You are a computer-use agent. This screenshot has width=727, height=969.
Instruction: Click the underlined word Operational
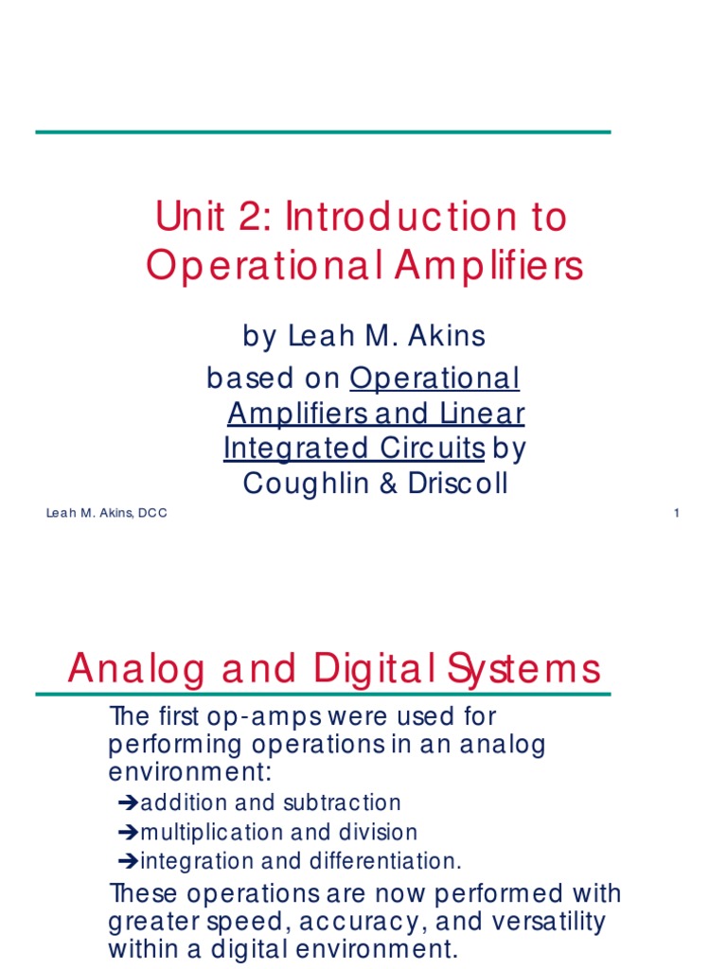[434, 379]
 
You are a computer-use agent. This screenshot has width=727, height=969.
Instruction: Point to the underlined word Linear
[482, 414]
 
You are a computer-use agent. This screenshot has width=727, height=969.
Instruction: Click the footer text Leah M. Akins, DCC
[106, 514]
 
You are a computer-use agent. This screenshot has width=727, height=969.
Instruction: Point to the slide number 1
[677, 514]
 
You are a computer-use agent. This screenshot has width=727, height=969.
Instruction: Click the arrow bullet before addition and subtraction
[129, 803]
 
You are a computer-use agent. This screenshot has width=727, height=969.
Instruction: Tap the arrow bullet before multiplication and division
[129, 833]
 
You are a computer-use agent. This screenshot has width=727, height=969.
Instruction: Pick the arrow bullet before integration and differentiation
[129, 862]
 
